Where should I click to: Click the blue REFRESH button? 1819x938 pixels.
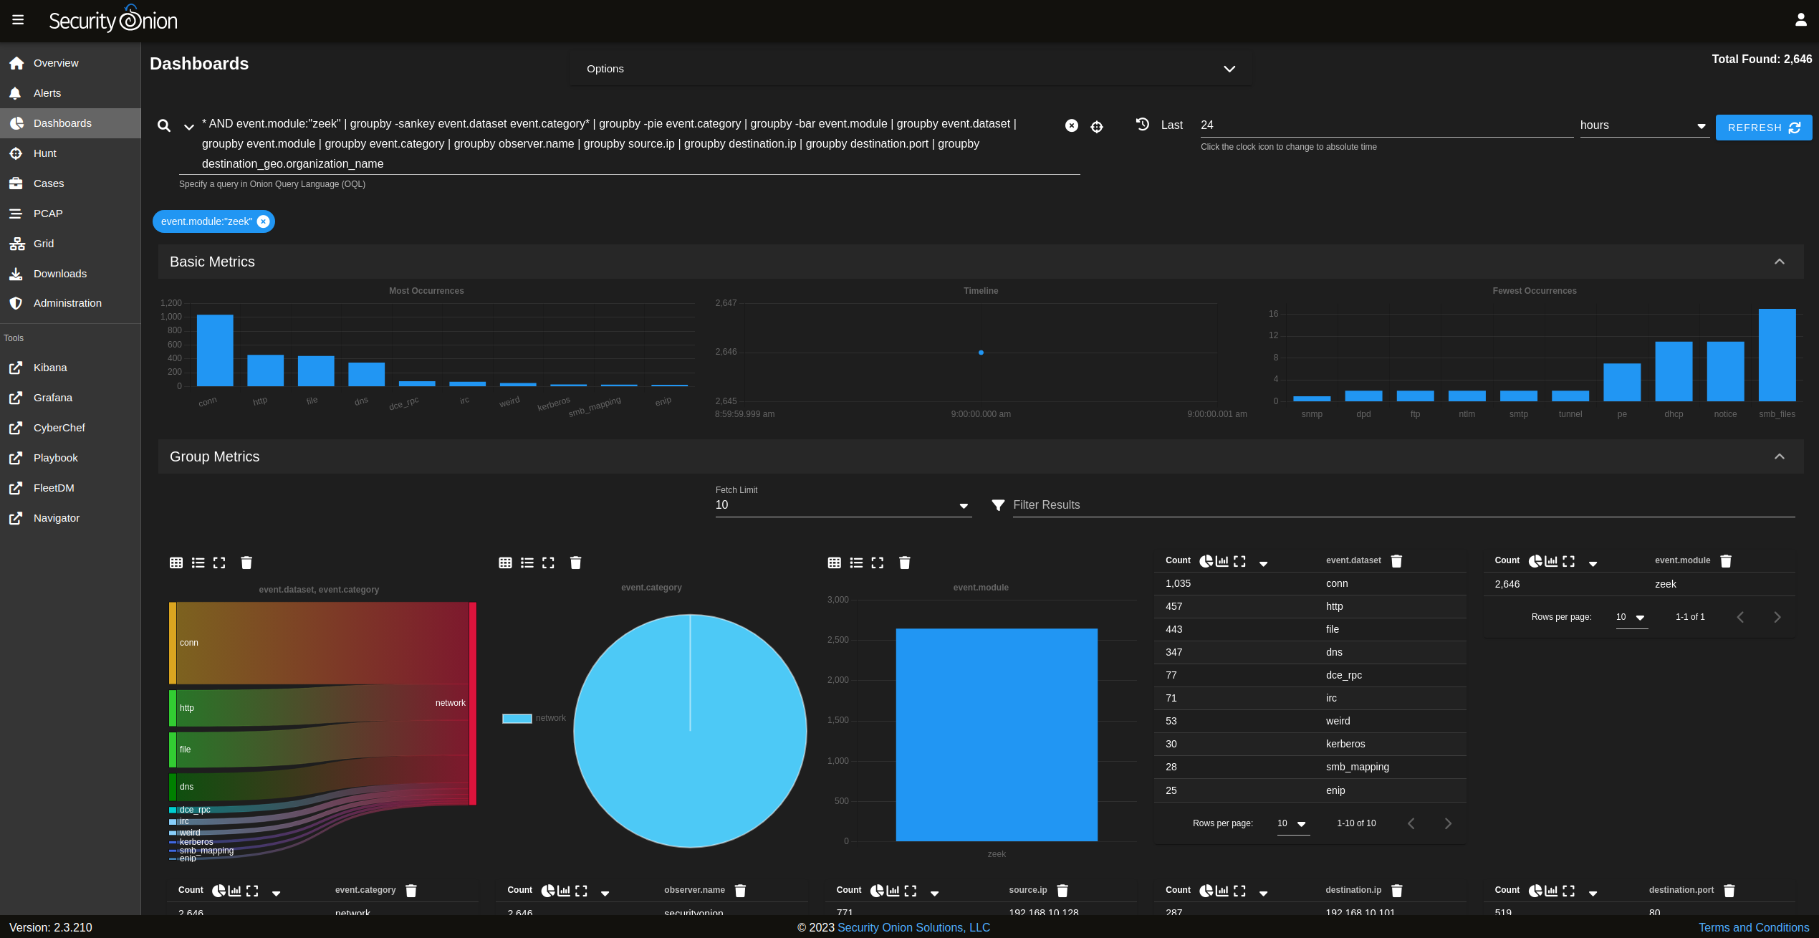point(1763,128)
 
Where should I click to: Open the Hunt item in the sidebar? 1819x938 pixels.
point(44,153)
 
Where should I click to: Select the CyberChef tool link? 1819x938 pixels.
point(59,428)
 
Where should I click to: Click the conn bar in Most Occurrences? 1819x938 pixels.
point(215,350)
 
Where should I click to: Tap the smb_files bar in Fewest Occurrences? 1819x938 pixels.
point(1777,355)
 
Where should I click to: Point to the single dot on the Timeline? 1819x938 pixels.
point(981,353)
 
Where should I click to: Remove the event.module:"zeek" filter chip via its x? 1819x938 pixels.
point(264,221)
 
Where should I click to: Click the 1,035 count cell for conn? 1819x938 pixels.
point(1178,583)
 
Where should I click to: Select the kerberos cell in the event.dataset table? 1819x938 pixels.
point(1345,744)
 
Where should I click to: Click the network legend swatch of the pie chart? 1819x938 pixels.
point(517,718)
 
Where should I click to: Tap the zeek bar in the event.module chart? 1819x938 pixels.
point(996,734)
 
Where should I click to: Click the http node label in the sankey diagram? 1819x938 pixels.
point(187,708)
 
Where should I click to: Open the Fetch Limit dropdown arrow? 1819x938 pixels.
point(964,506)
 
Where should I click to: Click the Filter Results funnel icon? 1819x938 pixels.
point(997,505)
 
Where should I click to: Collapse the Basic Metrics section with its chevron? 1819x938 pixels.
point(1779,262)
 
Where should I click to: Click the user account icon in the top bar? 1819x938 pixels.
point(1800,20)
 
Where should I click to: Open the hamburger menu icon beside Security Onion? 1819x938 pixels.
point(18,20)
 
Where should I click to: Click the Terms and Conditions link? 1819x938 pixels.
point(1753,927)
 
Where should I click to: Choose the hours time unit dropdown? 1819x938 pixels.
point(1643,125)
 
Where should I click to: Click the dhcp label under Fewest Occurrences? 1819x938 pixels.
point(1674,414)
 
